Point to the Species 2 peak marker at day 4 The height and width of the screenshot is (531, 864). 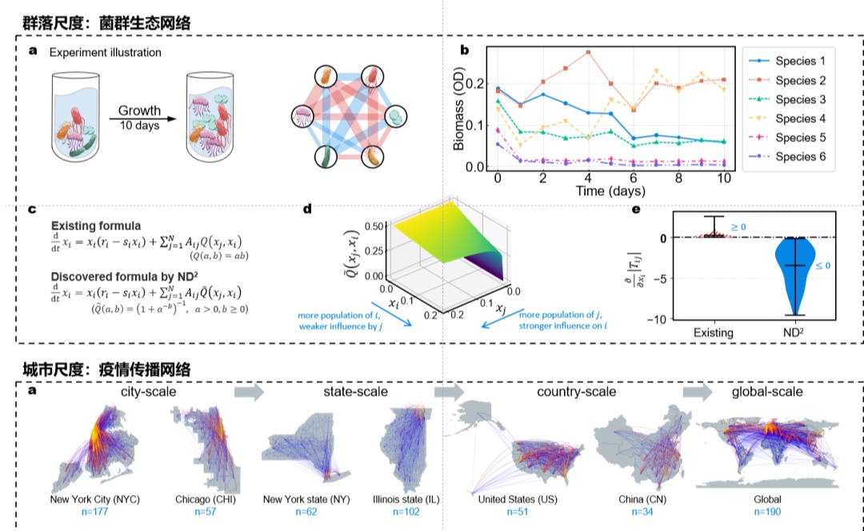coord(588,52)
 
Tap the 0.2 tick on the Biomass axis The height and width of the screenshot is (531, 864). coord(481,84)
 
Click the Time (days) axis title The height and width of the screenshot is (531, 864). coord(610,192)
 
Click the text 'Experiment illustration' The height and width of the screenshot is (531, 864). coord(105,53)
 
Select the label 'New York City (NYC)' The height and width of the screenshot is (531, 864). coord(95,500)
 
